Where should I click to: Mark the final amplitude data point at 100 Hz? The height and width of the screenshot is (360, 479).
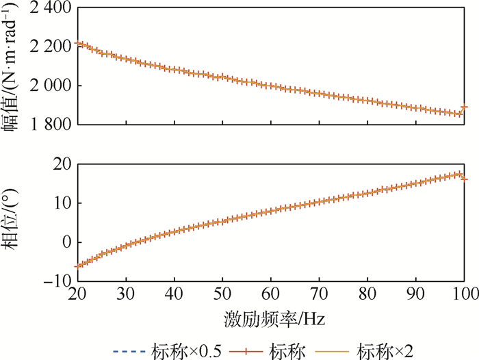point(465,107)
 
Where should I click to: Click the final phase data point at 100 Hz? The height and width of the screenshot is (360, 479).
point(465,179)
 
